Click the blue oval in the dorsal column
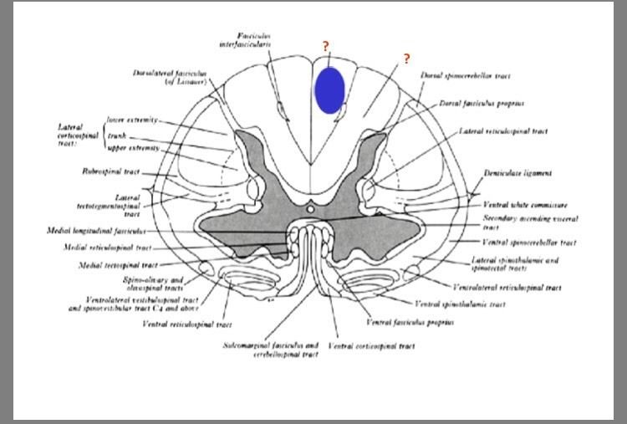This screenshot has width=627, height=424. [329, 89]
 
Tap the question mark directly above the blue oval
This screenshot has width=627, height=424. [326, 47]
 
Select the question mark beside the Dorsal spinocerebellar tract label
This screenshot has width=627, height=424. [406, 59]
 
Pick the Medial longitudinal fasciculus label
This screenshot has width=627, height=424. [97, 230]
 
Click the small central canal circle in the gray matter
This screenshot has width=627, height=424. [311, 207]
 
